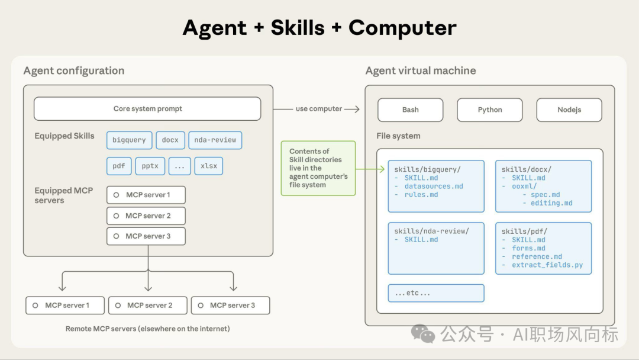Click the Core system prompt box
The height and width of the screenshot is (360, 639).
(147, 109)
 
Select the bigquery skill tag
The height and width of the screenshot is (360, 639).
(129, 140)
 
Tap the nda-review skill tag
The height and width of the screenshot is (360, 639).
(215, 140)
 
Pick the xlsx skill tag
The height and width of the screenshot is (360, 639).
(208, 166)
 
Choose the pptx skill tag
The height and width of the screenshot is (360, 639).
(150, 166)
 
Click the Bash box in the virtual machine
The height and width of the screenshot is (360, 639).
(410, 110)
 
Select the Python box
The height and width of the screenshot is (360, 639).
(489, 110)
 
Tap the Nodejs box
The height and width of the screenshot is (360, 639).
(569, 110)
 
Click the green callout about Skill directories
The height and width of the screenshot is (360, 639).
(318, 168)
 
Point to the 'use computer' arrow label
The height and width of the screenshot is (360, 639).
(319, 109)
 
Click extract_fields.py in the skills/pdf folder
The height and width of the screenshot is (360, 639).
(547, 265)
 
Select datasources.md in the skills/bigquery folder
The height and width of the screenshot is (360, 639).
(434, 187)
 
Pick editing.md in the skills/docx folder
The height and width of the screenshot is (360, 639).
(551, 203)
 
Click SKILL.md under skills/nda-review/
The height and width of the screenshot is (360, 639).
(421, 240)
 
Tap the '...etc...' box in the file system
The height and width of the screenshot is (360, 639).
(436, 293)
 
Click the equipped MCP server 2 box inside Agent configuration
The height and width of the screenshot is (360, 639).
(146, 216)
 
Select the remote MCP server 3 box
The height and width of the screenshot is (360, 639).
(231, 306)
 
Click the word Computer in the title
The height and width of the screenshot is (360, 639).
(402, 28)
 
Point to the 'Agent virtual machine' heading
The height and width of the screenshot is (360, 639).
(421, 70)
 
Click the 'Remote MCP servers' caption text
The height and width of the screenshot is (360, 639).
(147, 329)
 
